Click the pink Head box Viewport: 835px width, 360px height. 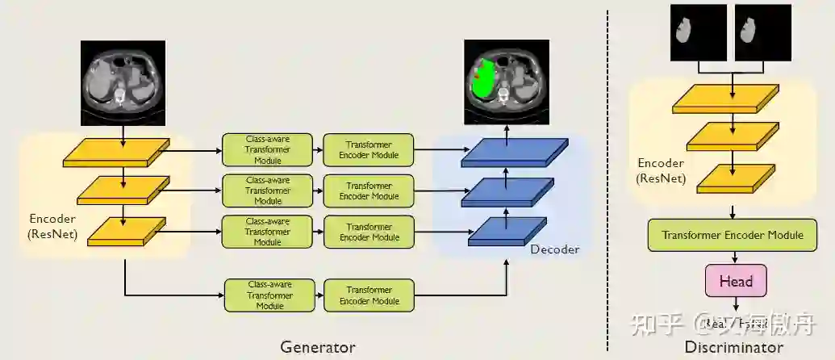pos(735,281)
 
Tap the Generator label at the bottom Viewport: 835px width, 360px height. pos(318,347)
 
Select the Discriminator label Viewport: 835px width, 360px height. pos(733,347)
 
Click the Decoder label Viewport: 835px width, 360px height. pos(554,249)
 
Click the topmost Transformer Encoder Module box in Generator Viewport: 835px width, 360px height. pos(369,149)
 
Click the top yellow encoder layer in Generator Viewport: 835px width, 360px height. pos(116,153)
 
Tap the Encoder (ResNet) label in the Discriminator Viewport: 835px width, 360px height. pos(661,170)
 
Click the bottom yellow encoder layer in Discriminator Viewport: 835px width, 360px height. pos(733,178)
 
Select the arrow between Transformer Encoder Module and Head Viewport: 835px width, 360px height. pos(734,257)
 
